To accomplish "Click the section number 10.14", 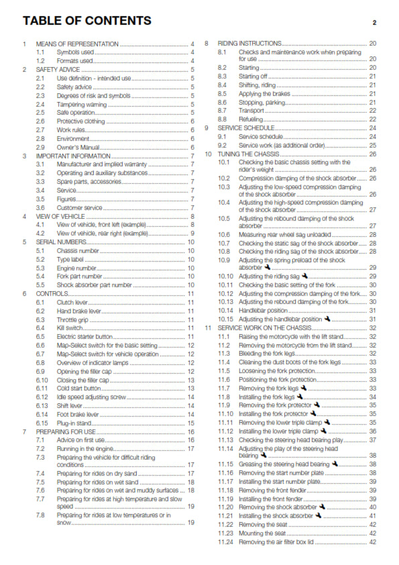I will [225, 310].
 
